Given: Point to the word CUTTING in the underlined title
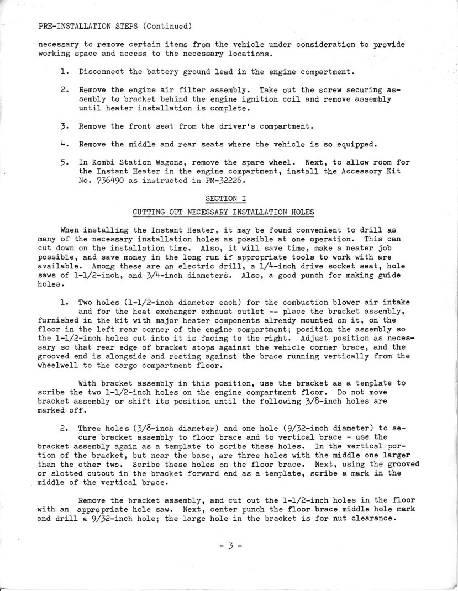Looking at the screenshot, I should coord(150,212).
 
